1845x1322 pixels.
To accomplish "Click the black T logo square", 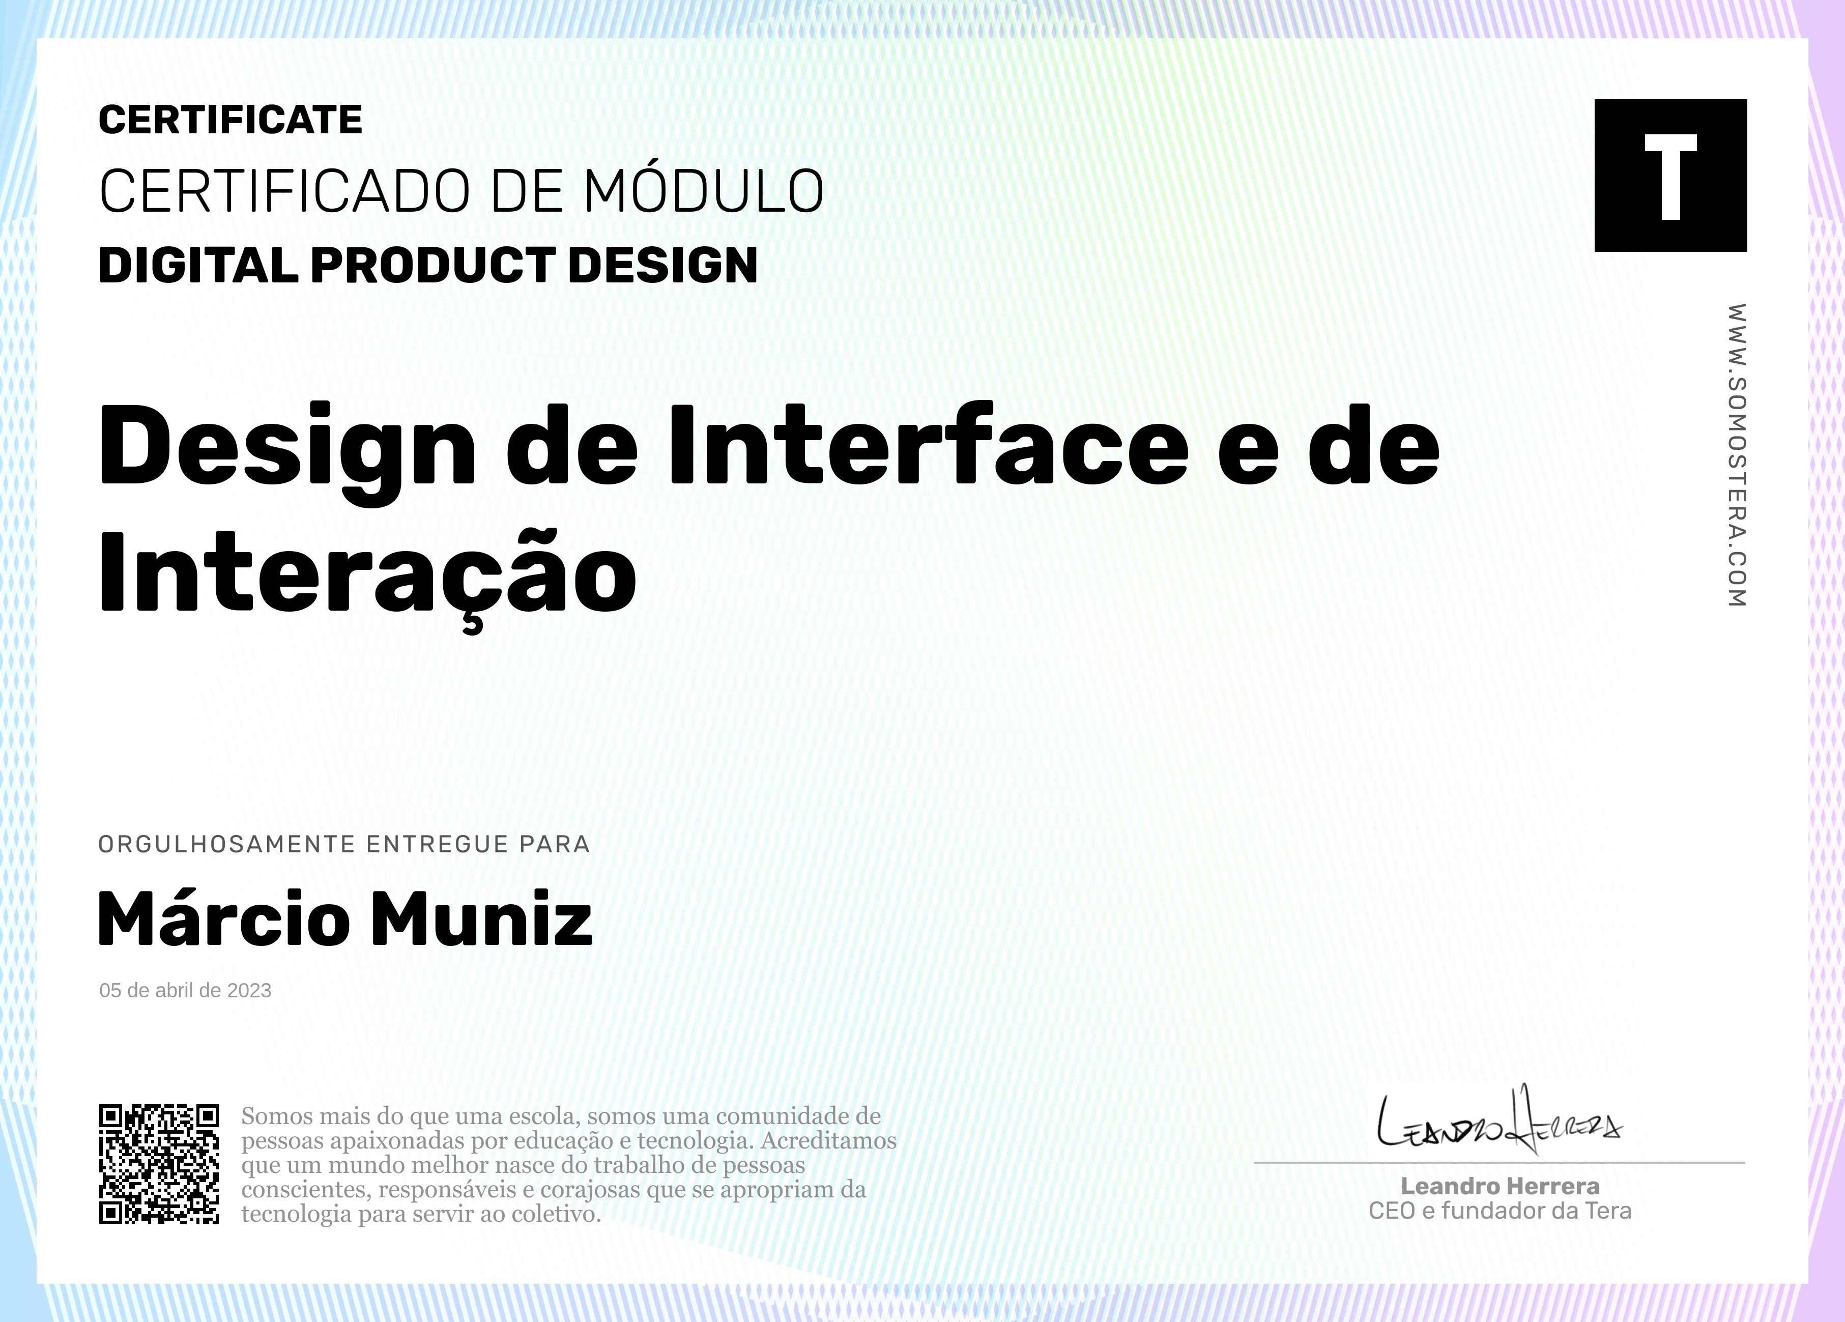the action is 1670,175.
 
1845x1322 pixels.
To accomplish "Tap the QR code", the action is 159,1163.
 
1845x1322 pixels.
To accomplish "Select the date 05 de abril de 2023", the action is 186,990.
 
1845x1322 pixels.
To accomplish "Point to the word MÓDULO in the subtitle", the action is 704,191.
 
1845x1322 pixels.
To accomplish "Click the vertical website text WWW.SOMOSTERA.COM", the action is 1736,455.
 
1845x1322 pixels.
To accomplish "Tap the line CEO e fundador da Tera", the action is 1500,1212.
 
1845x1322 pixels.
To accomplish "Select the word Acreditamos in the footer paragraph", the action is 828,1140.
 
